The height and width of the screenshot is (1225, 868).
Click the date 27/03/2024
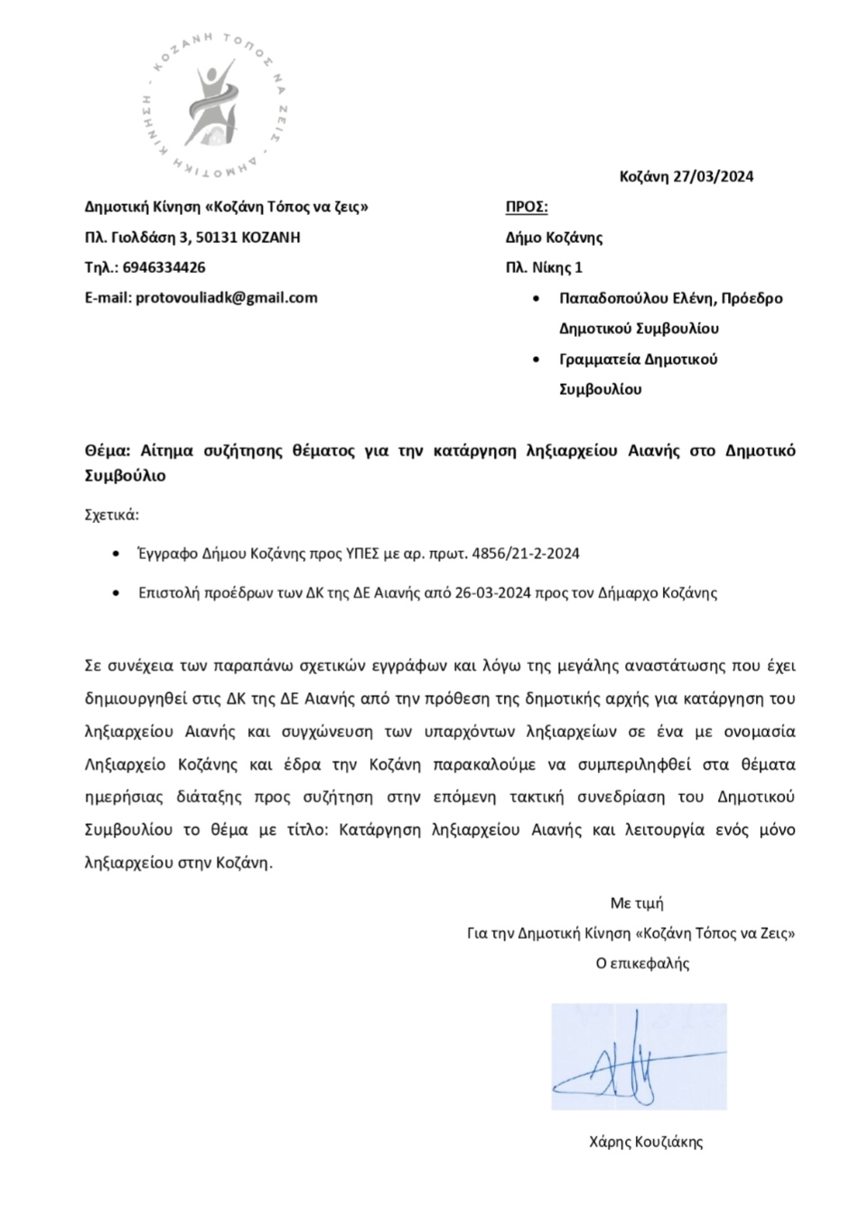[714, 176]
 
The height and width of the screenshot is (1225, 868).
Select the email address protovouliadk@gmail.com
[226, 297]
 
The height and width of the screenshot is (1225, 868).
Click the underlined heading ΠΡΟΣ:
[527, 207]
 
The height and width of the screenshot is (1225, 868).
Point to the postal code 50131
[219, 238]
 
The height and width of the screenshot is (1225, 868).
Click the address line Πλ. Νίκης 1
[544, 267]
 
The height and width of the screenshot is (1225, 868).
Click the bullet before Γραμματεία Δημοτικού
[539, 360]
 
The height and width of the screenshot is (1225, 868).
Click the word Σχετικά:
[112, 516]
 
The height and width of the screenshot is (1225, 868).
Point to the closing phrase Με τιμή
[637, 902]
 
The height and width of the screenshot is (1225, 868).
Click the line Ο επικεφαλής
[642, 963]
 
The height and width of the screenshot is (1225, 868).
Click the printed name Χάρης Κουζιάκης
[645, 1142]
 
